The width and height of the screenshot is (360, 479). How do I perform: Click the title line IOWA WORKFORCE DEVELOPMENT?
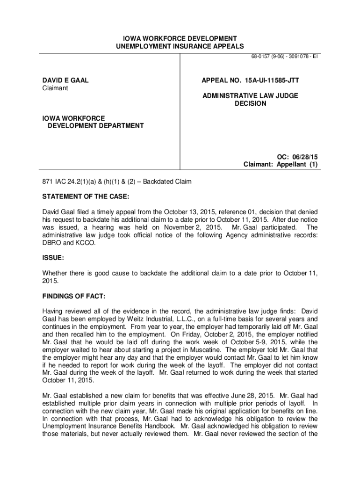[x=180, y=38]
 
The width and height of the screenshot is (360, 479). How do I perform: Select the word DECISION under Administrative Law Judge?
[x=250, y=103]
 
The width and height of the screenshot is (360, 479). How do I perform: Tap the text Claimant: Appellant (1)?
[x=281, y=165]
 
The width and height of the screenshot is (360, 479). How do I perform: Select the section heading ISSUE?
[x=53, y=258]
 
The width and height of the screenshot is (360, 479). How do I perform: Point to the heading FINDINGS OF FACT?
[x=73, y=297]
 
